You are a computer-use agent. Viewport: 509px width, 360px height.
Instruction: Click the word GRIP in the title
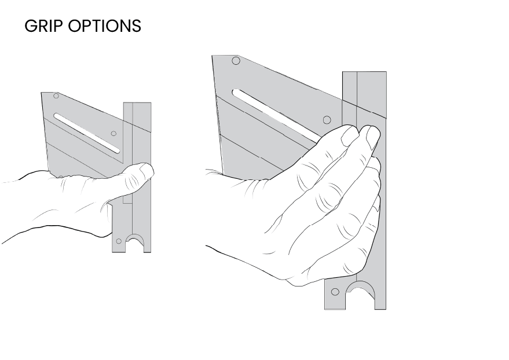[45, 26]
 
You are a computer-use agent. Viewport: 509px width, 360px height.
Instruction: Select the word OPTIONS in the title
[105, 26]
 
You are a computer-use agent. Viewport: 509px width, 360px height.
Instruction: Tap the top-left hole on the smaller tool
[56, 95]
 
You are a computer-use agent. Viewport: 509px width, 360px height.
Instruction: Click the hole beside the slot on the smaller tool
[113, 133]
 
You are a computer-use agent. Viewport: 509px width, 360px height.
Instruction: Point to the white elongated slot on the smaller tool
[87, 133]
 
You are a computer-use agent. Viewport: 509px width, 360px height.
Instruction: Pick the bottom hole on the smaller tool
[119, 241]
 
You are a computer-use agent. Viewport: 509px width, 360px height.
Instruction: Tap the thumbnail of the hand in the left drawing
[147, 170]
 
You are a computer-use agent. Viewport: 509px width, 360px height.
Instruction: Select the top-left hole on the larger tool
[236, 61]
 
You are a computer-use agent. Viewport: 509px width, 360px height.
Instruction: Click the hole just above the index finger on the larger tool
[327, 120]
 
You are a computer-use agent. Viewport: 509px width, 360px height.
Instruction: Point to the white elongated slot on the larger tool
[276, 115]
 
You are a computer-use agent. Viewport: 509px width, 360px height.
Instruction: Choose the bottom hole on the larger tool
[335, 292]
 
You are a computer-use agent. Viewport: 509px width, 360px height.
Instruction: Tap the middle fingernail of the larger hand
[372, 138]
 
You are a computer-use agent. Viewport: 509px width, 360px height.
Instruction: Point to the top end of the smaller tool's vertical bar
[137, 103]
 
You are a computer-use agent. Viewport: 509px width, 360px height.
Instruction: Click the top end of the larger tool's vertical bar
[365, 72]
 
